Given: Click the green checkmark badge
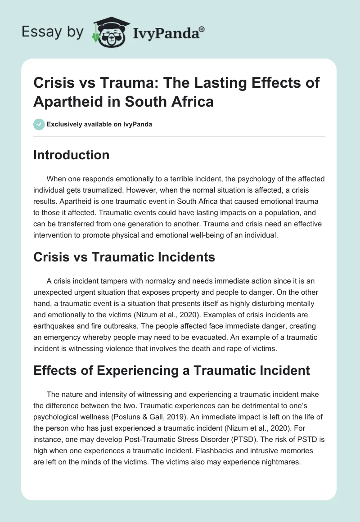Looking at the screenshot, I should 39,124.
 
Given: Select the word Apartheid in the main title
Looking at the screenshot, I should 63,101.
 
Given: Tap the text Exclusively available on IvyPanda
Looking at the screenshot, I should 100,124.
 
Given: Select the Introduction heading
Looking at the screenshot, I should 72,155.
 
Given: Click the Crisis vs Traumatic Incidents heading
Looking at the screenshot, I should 124,257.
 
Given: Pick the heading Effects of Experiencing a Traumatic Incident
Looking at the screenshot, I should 172,370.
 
